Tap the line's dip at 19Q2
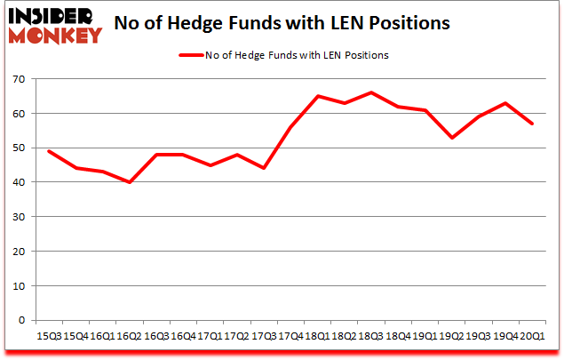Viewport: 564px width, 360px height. [x=453, y=138]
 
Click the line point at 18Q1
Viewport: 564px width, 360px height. [x=318, y=96]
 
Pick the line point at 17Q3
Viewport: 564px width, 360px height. [x=264, y=168]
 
